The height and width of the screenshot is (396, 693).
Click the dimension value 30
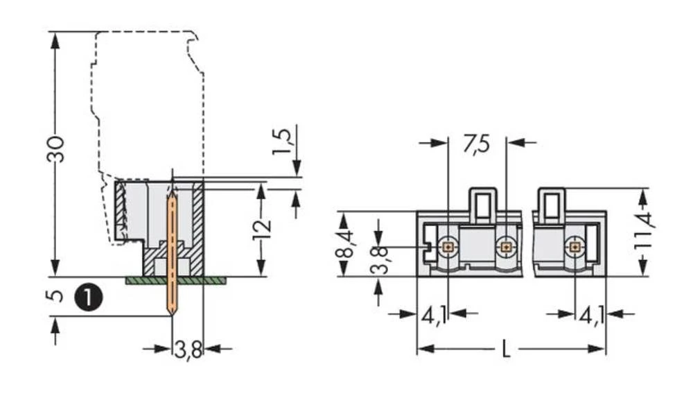click(56, 148)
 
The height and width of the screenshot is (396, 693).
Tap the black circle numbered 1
click(89, 296)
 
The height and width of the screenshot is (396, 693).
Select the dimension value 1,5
click(283, 141)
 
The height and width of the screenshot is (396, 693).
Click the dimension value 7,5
click(476, 144)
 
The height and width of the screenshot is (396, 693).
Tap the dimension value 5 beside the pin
click(57, 296)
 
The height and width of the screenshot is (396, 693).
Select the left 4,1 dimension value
click(435, 316)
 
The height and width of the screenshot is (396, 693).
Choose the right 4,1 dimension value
click(591, 316)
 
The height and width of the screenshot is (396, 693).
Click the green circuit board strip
click(176, 280)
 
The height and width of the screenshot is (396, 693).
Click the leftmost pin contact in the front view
click(448, 246)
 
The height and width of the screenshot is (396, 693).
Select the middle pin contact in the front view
click(507, 246)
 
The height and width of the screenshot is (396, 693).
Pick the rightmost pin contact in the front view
click(574, 246)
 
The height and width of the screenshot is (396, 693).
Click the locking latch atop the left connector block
click(483, 205)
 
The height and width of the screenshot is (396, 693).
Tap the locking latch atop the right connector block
click(551, 205)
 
